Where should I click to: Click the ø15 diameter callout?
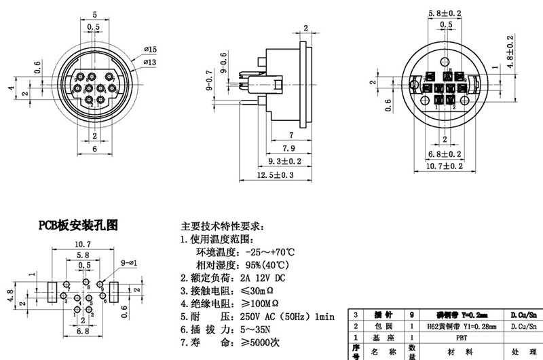click(150, 50)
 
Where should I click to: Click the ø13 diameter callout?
click(150, 62)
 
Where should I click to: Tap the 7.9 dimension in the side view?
click(288, 148)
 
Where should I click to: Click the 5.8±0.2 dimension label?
click(446, 14)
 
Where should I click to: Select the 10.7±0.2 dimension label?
click(445, 165)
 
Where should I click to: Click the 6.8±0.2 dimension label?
click(445, 154)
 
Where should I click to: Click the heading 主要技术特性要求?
click(223, 226)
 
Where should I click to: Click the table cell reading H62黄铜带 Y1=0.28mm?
click(462, 326)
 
